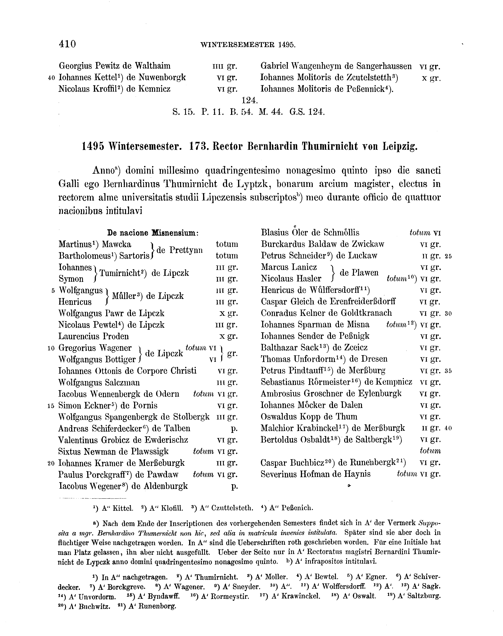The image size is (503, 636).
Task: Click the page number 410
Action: point(67,44)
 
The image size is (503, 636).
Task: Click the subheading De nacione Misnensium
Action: point(153,233)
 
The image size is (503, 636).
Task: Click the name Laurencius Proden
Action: point(94,336)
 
